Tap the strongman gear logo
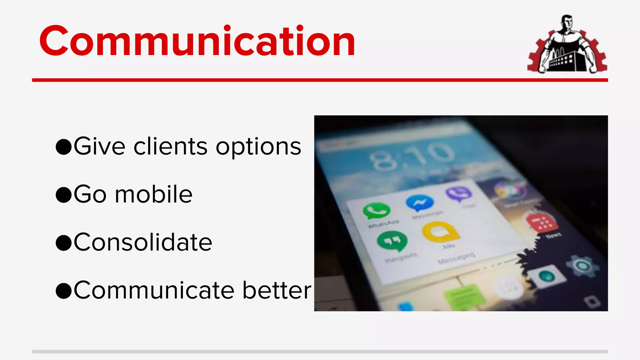pyautogui.click(x=567, y=44)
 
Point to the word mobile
pyautogui.click(x=153, y=194)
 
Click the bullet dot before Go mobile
pyautogui.click(x=64, y=195)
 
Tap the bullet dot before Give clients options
pyautogui.click(x=64, y=147)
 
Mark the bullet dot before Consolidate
pyautogui.click(x=64, y=243)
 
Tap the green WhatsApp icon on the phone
pyautogui.click(x=377, y=211)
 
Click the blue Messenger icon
pyautogui.click(x=420, y=203)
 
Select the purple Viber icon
pyautogui.click(x=458, y=193)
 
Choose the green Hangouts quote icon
pyautogui.click(x=392, y=241)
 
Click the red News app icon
pyautogui.click(x=542, y=222)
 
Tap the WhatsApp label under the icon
pyautogui.click(x=383, y=224)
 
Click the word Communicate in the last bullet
pyautogui.click(x=154, y=290)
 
